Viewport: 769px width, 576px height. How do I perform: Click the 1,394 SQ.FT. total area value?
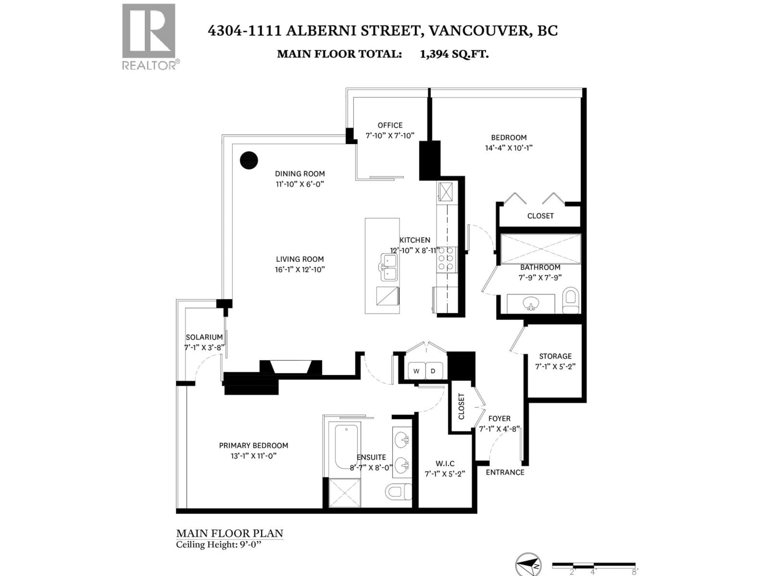coord(454,54)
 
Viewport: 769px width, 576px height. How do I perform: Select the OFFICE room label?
coord(390,125)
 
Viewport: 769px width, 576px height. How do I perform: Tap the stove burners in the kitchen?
coord(446,259)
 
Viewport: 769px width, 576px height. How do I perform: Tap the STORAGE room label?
coord(555,356)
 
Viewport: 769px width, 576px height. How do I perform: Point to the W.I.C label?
coord(445,464)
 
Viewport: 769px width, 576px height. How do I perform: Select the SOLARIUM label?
coord(204,337)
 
